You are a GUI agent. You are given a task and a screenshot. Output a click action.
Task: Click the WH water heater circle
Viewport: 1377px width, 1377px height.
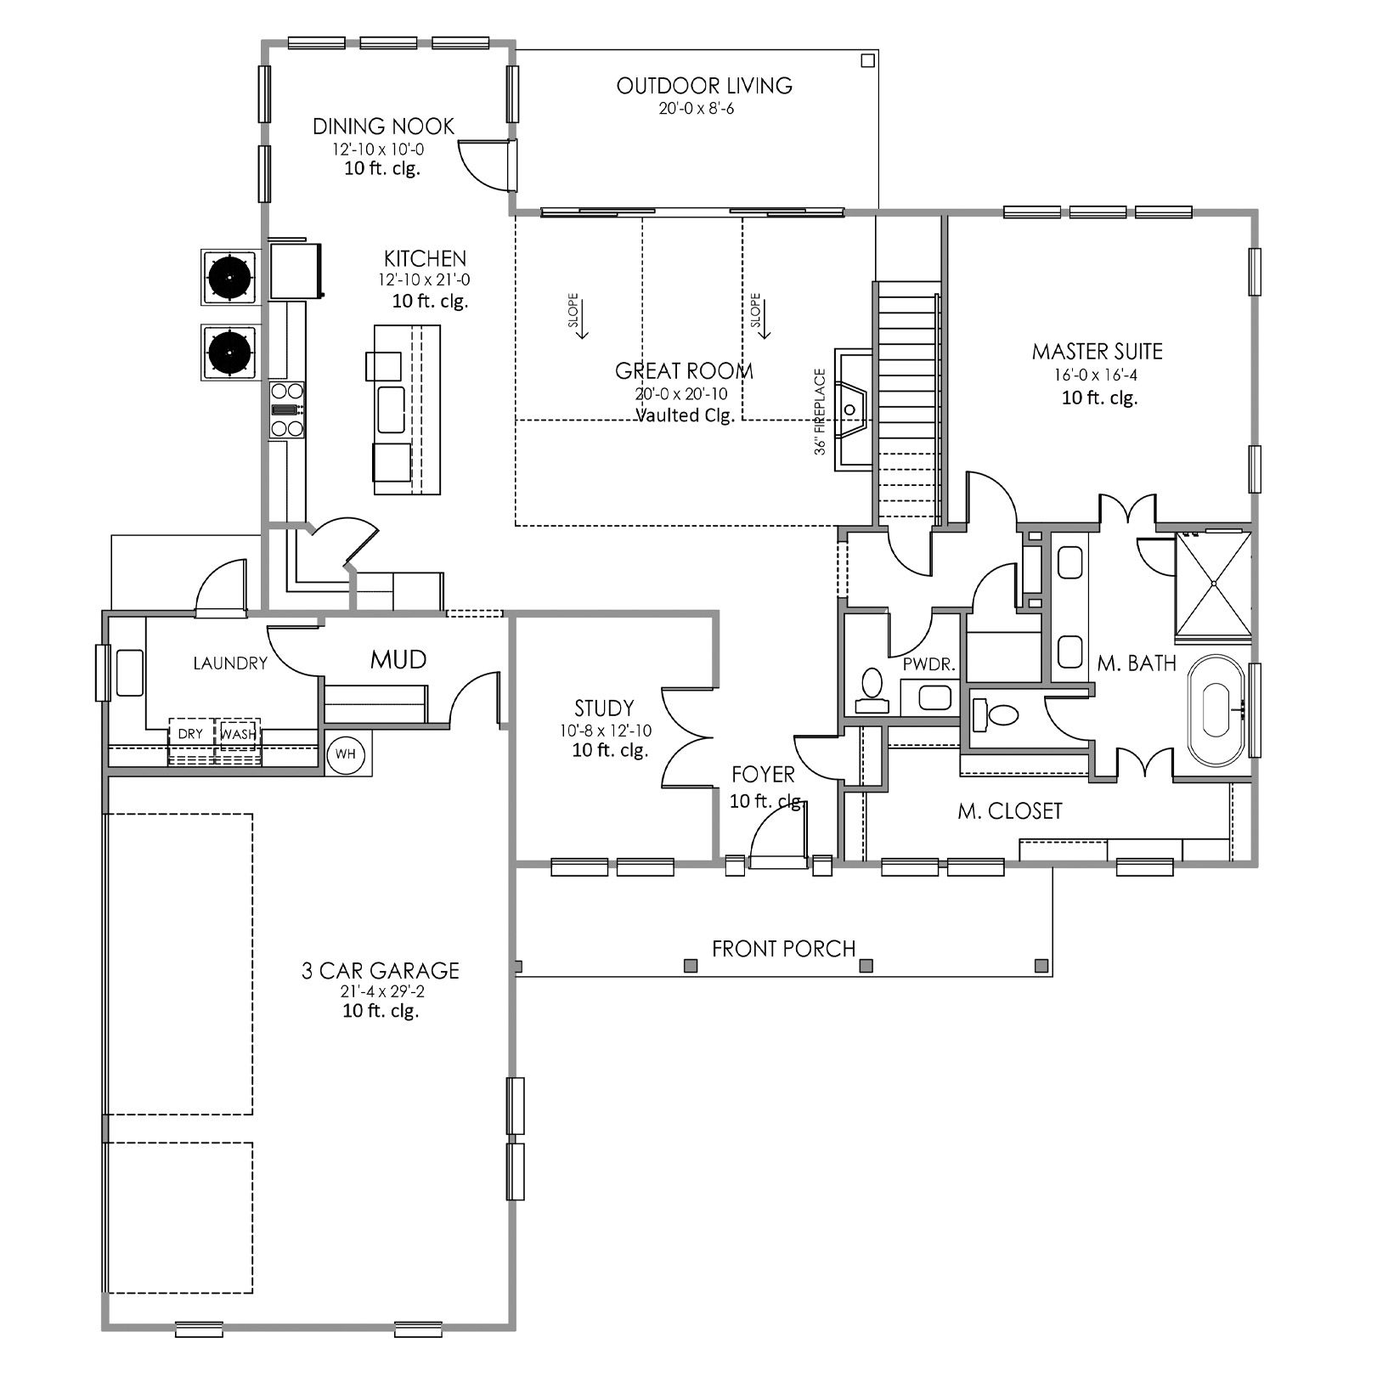click(x=345, y=753)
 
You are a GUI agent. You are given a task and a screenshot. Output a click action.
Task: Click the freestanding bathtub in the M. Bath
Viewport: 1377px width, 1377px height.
click(x=1216, y=710)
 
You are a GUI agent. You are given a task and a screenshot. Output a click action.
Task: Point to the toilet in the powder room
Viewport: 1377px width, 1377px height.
click(x=872, y=691)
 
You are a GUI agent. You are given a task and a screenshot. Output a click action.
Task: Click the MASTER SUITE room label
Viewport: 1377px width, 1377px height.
click(x=1097, y=351)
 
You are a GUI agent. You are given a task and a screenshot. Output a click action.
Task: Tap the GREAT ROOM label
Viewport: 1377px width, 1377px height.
click(x=684, y=370)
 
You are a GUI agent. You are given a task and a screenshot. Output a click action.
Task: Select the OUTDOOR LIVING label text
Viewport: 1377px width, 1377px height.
click(x=704, y=85)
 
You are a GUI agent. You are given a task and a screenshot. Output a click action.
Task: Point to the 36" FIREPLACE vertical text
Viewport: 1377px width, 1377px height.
click(x=821, y=412)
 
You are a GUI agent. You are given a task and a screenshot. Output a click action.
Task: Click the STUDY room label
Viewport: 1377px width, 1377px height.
click(x=604, y=708)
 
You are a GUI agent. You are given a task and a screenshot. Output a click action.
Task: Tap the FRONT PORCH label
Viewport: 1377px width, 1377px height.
click(x=783, y=948)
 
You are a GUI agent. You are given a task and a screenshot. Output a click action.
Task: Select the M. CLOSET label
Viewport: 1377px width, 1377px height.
click(x=1010, y=811)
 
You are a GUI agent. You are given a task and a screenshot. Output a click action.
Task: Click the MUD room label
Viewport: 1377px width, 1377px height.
click(x=398, y=659)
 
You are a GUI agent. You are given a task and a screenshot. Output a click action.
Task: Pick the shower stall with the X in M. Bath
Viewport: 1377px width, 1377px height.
click(x=1213, y=584)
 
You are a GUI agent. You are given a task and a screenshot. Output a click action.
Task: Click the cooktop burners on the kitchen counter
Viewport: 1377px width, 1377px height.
click(x=286, y=409)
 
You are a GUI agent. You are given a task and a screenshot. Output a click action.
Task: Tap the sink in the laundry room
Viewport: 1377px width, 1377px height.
click(x=129, y=673)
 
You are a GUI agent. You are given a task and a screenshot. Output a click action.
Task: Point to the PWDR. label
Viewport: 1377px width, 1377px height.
click(x=928, y=664)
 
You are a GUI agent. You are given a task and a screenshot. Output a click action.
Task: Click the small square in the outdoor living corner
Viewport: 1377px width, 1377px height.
click(x=867, y=60)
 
